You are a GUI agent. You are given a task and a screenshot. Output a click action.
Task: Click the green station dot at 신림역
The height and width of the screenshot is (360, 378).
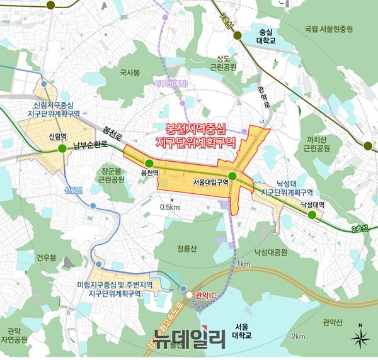click(x=62, y=149)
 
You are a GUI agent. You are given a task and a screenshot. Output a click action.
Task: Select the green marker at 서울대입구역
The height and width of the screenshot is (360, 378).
click(x=232, y=176)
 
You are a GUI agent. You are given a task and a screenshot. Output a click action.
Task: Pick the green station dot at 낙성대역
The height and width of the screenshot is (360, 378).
click(x=312, y=215)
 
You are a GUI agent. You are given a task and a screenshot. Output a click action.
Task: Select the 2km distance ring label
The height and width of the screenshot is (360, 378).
click(x=299, y=337)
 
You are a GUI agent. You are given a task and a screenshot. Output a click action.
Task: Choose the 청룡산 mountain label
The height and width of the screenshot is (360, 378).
click(x=188, y=249)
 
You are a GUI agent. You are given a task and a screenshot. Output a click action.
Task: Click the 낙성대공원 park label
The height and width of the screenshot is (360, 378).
click(x=270, y=252)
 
